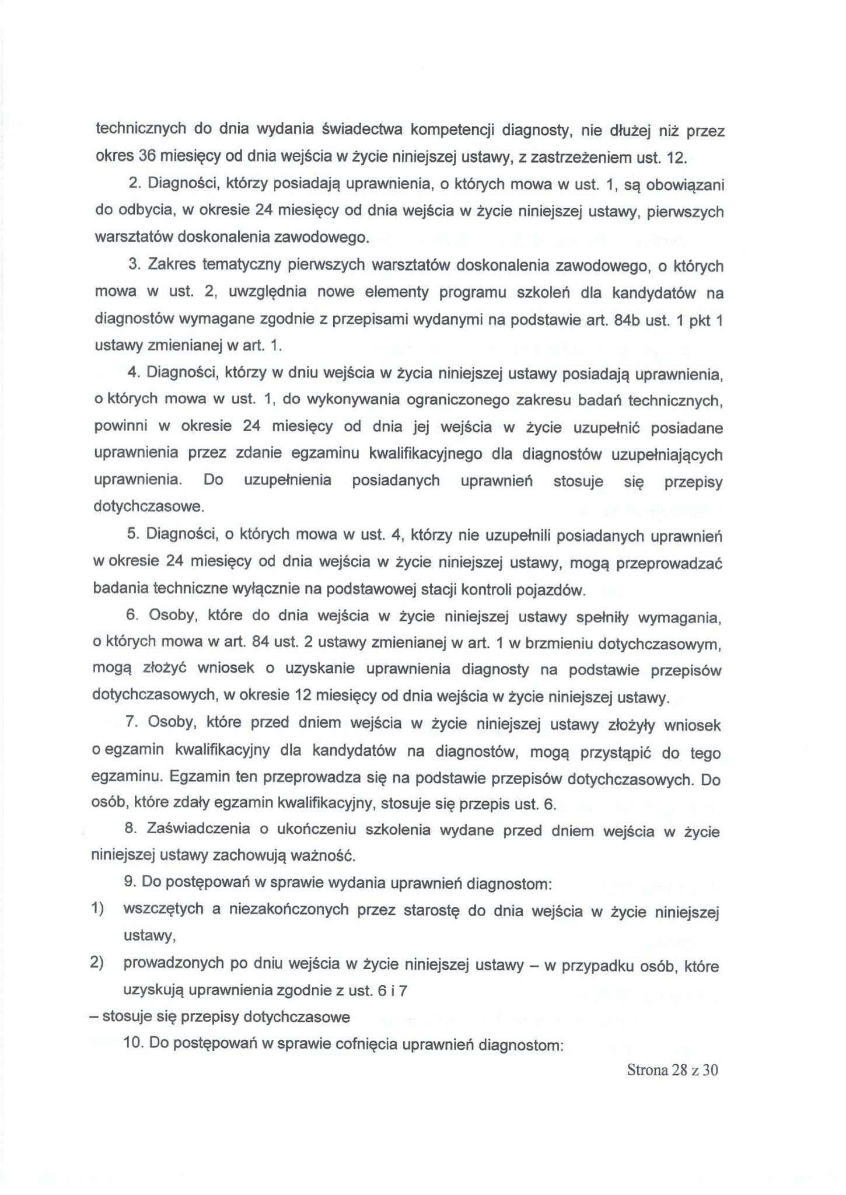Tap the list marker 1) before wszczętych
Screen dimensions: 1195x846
click(x=96, y=910)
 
